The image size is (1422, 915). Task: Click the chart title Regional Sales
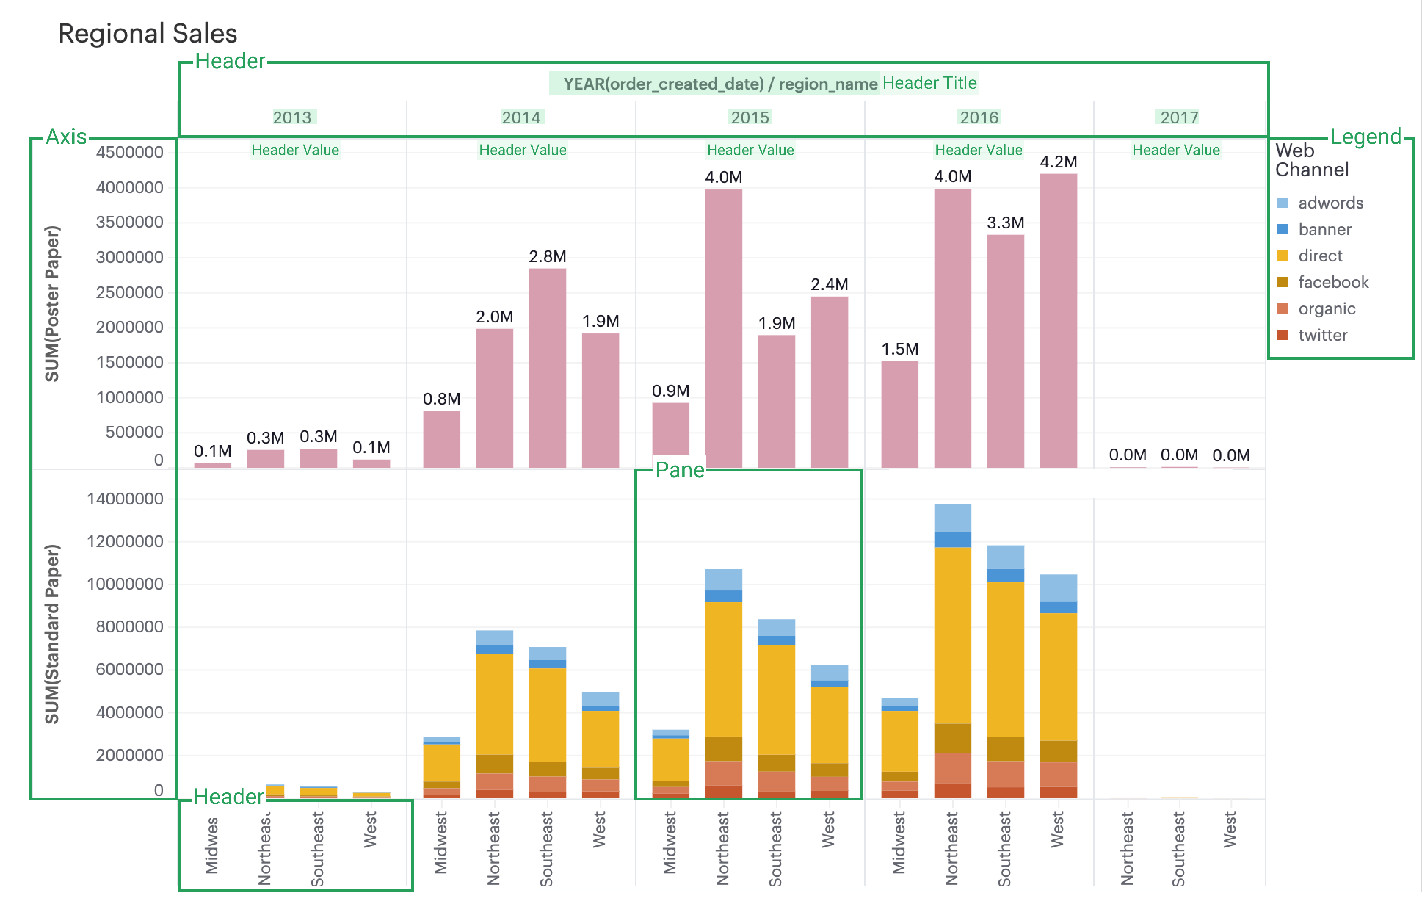pyautogui.click(x=147, y=33)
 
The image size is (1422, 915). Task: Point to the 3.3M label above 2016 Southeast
pyautogui.click(x=1005, y=223)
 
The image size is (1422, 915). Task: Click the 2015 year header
pyautogui.click(x=750, y=117)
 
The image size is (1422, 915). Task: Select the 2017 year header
pyautogui.click(x=1179, y=117)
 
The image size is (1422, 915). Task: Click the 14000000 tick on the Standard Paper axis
pyautogui.click(x=125, y=499)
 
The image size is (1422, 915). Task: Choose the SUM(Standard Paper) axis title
pyautogui.click(x=52, y=634)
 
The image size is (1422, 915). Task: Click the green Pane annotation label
pyautogui.click(x=679, y=470)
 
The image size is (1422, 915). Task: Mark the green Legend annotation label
pyautogui.click(x=1365, y=137)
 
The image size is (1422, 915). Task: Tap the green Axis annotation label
pyautogui.click(x=66, y=137)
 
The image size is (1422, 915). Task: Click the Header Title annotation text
pyautogui.click(x=929, y=83)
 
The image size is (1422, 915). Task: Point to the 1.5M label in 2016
pyautogui.click(x=899, y=349)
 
